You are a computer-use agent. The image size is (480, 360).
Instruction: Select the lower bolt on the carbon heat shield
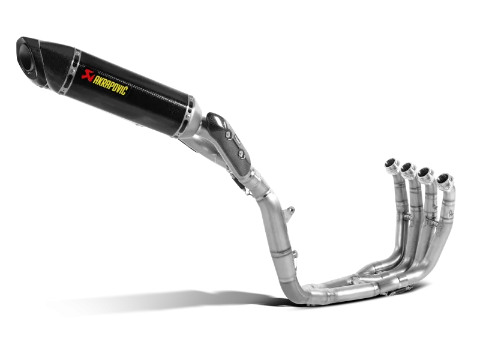(241, 153)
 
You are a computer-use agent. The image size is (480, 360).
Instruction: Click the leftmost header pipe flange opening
(392, 163)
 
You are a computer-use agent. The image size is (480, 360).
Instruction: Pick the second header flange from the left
(409, 169)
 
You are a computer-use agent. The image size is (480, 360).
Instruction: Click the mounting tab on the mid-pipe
(289, 214)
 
